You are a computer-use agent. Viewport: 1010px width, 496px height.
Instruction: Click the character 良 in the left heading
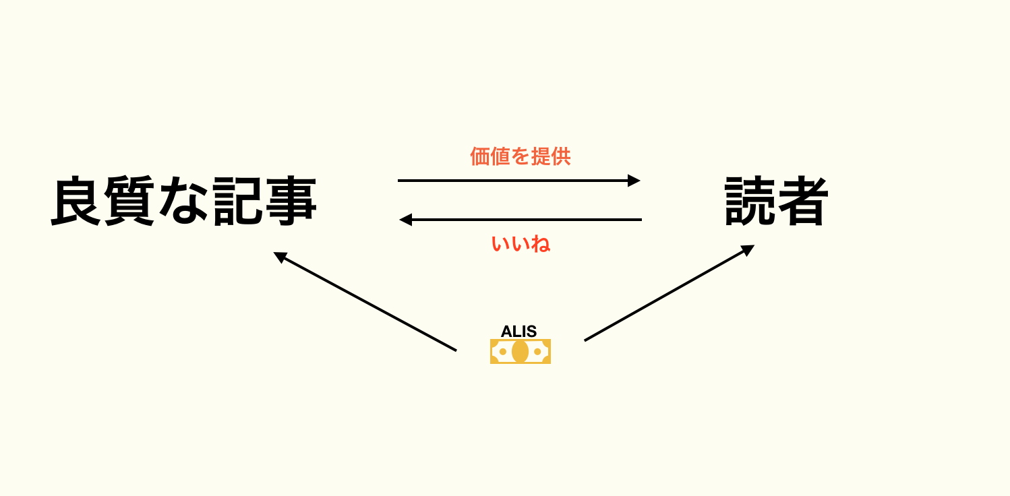(x=76, y=201)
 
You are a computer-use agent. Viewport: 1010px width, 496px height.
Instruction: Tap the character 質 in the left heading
(x=129, y=201)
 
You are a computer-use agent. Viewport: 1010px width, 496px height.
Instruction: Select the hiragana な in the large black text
(x=183, y=201)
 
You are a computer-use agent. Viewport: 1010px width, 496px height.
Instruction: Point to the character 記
(x=237, y=201)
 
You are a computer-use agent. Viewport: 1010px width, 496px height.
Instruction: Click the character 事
(x=291, y=201)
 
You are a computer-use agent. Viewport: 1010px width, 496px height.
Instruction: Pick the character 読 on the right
(x=750, y=201)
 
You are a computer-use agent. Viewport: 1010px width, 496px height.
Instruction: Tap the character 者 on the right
(x=803, y=201)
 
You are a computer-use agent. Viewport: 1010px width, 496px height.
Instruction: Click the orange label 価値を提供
(x=521, y=156)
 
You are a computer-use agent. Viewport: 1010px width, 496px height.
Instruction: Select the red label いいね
(x=521, y=244)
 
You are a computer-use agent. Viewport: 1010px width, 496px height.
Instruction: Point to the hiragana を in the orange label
(x=521, y=156)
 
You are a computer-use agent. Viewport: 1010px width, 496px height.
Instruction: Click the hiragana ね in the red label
(x=541, y=244)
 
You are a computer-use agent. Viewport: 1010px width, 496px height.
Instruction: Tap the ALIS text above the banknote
(x=518, y=332)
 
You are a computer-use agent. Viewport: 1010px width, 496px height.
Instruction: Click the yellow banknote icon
(x=521, y=351)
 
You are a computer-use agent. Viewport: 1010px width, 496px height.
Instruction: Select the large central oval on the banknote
(x=521, y=351)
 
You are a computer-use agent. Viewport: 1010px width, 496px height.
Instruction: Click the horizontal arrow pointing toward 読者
(x=519, y=181)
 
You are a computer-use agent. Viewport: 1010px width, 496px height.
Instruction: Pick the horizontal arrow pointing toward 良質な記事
(x=521, y=220)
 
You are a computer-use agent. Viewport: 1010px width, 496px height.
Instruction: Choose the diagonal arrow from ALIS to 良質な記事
(x=365, y=301)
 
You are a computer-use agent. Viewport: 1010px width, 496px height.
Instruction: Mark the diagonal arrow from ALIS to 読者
(x=670, y=293)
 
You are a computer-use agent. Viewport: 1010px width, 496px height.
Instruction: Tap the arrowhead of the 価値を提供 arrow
(x=634, y=181)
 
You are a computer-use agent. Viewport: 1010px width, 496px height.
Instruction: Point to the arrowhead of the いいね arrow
(x=405, y=220)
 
